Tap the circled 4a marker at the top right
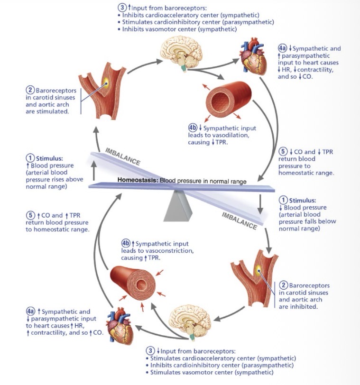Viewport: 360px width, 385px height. (x=282, y=49)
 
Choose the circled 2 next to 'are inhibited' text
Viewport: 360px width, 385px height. (x=283, y=285)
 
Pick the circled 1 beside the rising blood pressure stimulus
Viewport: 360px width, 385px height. (x=30, y=158)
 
